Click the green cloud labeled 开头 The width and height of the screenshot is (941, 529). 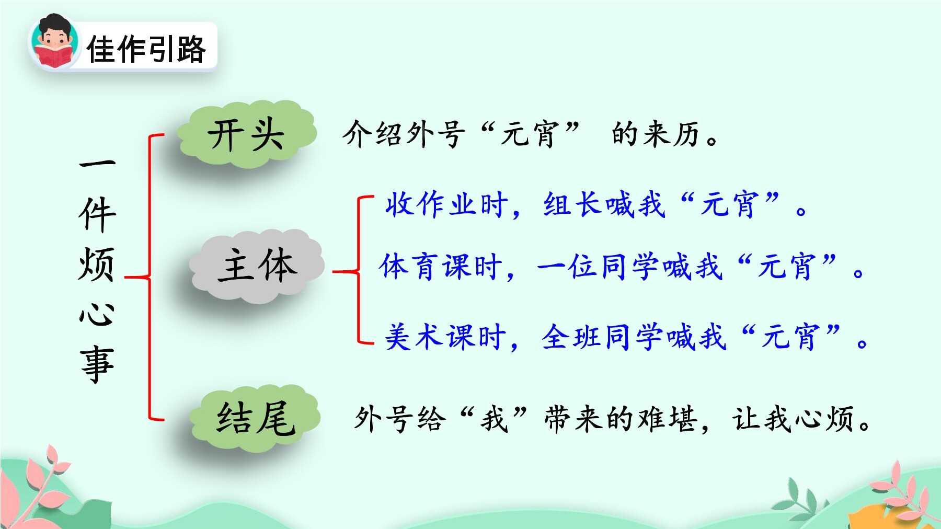pos(246,134)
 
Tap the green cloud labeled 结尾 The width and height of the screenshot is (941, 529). pos(255,418)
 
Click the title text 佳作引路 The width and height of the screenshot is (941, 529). pos(146,50)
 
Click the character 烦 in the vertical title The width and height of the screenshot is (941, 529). pos(97,264)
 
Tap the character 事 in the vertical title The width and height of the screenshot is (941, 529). pos(97,364)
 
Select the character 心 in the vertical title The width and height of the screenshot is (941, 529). pos(97,314)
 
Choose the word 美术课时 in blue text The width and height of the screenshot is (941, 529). pos(445,336)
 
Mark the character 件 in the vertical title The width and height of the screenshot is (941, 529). pos(97,214)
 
